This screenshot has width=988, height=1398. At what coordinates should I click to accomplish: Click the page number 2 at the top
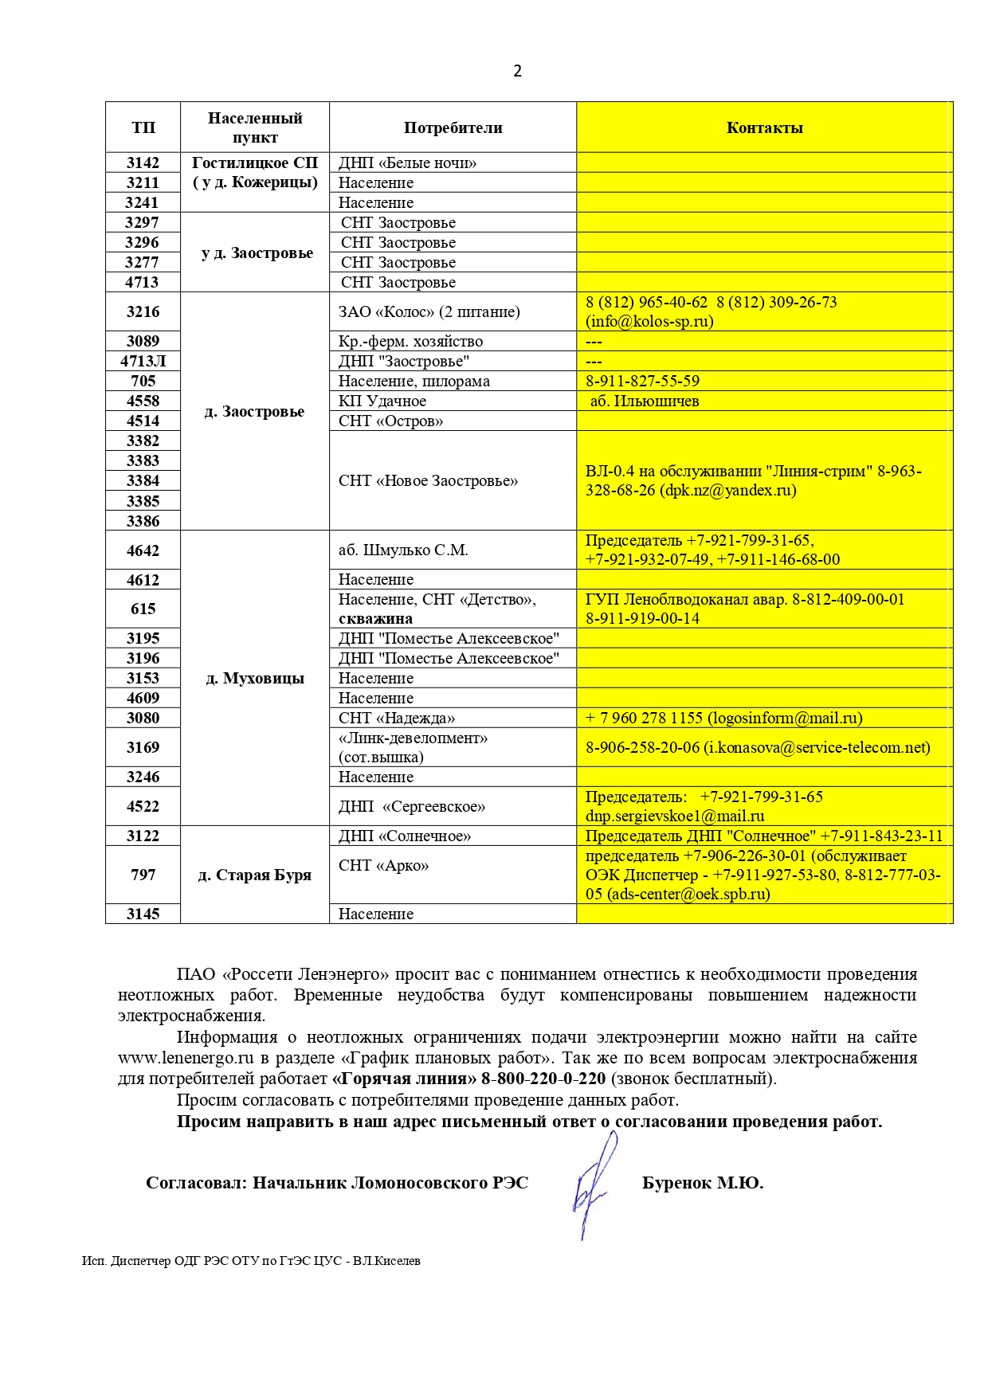pyautogui.click(x=517, y=71)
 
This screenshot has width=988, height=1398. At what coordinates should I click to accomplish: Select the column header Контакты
pyautogui.click(x=764, y=127)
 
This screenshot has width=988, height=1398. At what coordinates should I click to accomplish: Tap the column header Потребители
pyautogui.click(x=453, y=127)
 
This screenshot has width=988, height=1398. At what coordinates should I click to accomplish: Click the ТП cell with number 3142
pyautogui.click(x=143, y=163)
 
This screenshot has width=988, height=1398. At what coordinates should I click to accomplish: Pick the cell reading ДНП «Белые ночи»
pyautogui.click(x=407, y=163)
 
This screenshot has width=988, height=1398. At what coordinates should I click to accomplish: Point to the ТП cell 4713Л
pyautogui.click(x=143, y=361)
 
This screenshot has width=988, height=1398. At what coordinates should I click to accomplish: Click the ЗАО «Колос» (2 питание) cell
pyautogui.click(x=429, y=311)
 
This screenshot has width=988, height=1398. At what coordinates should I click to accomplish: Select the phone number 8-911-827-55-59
pyautogui.click(x=642, y=381)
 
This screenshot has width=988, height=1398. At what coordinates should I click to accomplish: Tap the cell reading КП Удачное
pyautogui.click(x=382, y=401)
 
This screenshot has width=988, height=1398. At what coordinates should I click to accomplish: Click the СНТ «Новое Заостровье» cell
pyautogui.click(x=428, y=480)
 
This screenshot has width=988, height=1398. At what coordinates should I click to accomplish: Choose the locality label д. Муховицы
pyautogui.click(x=255, y=678)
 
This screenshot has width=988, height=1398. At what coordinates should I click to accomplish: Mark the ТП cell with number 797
pyautogui.click(x=143, y=875)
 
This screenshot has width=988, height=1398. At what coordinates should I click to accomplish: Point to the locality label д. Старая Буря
pyautogui.click(x=255, y=875)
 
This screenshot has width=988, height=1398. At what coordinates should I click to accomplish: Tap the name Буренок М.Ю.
pyautogui.click(x=702, y=1183)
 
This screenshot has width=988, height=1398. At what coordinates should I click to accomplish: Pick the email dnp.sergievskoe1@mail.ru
pyautogui.click(x=674, y=816)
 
